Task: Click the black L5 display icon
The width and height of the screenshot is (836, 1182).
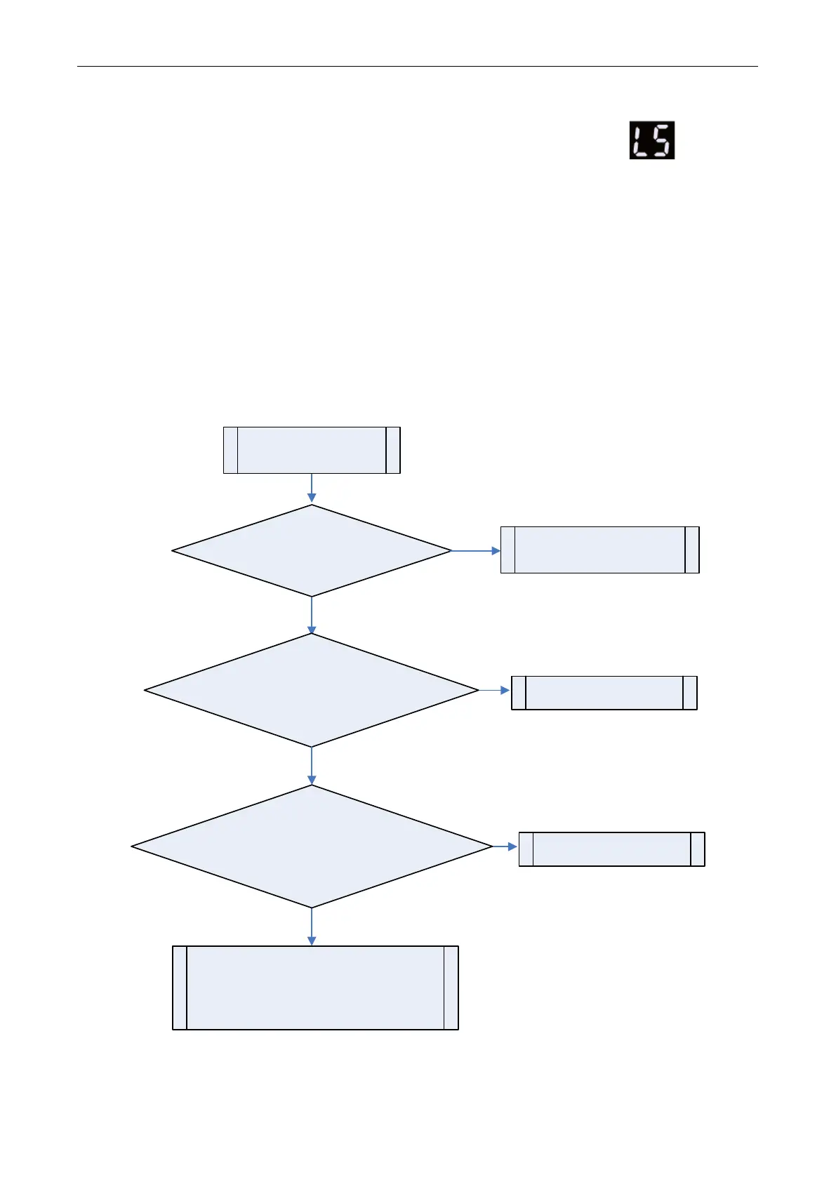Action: [651, 140]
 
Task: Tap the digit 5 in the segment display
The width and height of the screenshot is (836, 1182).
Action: [662, 140]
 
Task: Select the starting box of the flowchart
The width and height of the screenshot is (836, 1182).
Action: [312, 450]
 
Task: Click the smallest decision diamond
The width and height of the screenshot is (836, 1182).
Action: [312, 551]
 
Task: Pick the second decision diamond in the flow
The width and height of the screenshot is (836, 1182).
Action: [312, 691]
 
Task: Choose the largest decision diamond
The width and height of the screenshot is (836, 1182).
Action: [312, 846]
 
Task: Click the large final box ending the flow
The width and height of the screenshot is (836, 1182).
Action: [315, 988]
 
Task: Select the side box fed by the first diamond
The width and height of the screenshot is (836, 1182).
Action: [599, 550]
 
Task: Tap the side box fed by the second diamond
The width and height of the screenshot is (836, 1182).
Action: [604, 693]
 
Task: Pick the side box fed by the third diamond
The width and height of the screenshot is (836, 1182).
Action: [611, 849]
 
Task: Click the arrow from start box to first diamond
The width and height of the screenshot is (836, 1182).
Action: [312, 489]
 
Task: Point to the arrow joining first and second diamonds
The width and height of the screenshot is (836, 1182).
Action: [312, 615]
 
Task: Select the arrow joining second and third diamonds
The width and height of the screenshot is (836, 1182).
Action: [312, 765]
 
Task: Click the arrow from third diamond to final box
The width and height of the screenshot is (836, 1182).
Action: [312, 927]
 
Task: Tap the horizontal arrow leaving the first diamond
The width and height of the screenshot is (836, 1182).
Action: [476, 551]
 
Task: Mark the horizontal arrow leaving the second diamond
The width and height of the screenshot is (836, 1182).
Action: [495, 691]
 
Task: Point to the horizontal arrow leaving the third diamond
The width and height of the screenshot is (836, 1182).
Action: [505, 847]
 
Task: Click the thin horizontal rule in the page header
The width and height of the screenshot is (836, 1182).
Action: [417, 67]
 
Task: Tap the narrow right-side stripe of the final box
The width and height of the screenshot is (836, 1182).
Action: [451, 988]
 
